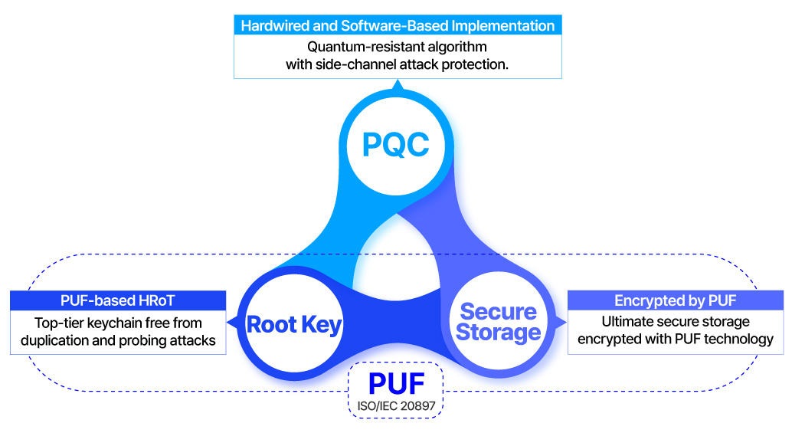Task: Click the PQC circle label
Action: pyautogui.click(x=396, y=144)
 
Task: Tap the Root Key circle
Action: pyautogui.click(x=294, y=324)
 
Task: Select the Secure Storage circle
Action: pyautogui.click(x=499, y=322)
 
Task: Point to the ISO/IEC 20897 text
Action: pyautogui.click(x=396, y=404)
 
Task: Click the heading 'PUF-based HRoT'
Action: pyautogui.click(x=118, y=300)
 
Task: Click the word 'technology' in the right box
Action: pyautogui.click(x=741, y=339)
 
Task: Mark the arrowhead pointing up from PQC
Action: pyautogui.click(x=397, y=87)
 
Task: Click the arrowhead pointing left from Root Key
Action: pyautogui.click(x=232, y=322)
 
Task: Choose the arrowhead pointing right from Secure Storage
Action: pyautogui.click(x=561, y=322)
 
